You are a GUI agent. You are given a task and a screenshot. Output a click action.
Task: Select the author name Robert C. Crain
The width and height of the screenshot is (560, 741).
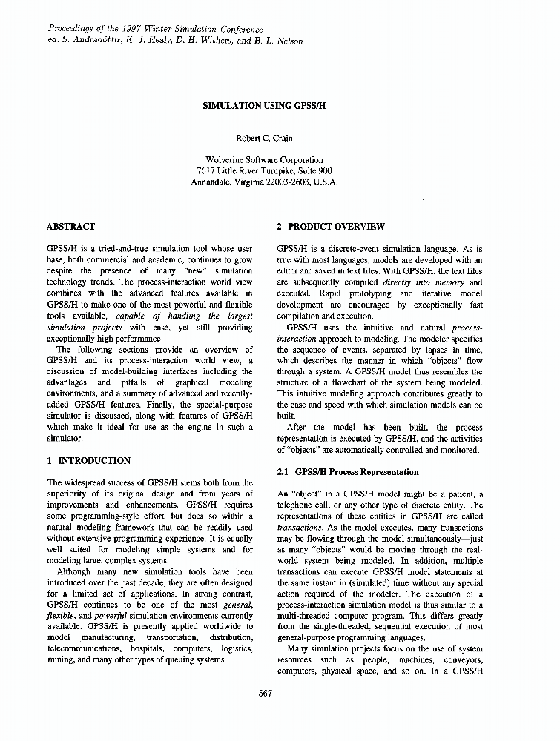click(265, 138)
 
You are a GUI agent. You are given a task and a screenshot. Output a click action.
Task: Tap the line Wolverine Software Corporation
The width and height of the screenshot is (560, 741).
click(265, 159)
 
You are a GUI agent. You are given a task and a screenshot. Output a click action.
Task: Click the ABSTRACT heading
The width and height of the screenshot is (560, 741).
click(70, 226)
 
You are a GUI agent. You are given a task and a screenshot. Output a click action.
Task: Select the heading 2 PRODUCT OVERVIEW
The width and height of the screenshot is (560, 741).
click(331, 226)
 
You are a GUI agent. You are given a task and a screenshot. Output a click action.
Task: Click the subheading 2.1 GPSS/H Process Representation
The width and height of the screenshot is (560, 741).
click(347, 472)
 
